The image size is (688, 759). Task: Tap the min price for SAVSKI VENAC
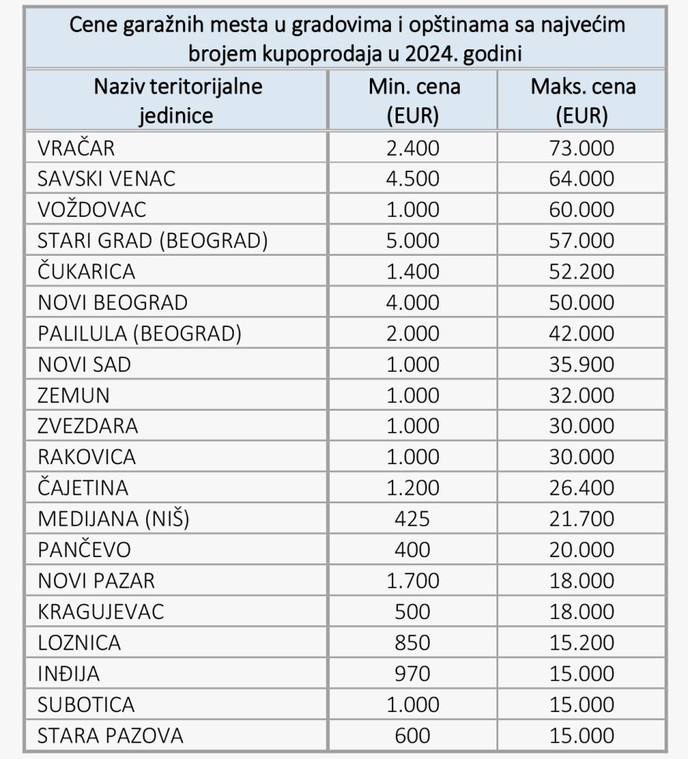[x=414, y=179]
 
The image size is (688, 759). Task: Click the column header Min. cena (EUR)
[x=414, y=101]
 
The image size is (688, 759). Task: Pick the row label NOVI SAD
[x=84, y=365]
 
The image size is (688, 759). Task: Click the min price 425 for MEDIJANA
[x=414, y=520]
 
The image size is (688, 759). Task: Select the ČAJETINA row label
[x=83, y=488]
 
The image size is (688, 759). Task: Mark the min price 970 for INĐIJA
[x=414, y=674]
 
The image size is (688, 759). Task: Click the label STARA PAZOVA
[x=110, y=736]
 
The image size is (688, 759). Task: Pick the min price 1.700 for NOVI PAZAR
[x=414, y=581]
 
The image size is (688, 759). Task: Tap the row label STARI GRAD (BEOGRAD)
[x=152, y=241]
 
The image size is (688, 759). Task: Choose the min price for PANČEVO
[x=414, y=550]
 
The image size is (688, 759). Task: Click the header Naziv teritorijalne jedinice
[x=177, y=101]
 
